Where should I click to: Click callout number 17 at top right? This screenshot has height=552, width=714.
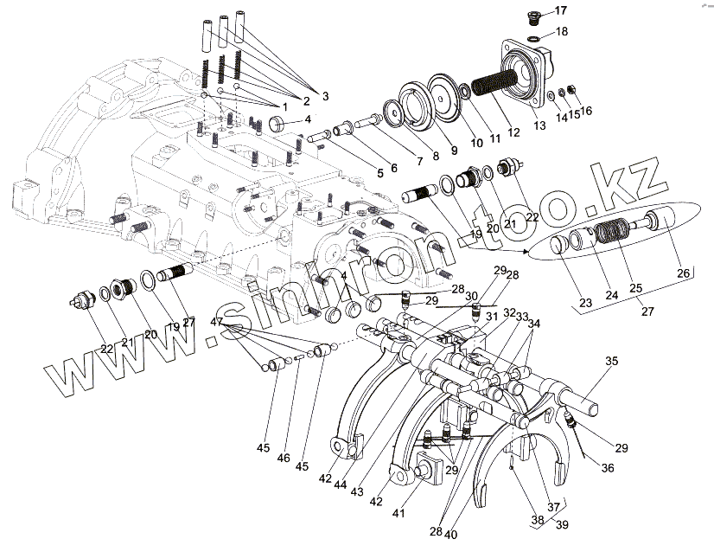(560, 10)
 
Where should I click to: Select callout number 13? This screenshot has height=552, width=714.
(540, 126)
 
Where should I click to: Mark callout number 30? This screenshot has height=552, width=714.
(471, 296)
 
